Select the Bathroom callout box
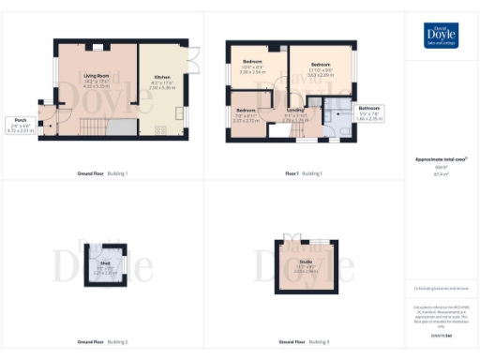coord(368,113)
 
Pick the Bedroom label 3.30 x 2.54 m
coord(253,67)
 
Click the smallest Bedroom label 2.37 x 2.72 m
coord(246,116)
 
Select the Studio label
coord(306,265)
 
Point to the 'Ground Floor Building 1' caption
coord(102,173)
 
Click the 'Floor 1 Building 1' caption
coord(303,173)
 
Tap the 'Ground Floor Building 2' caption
coord(102,341)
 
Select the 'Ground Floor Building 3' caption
coord(303,341)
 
